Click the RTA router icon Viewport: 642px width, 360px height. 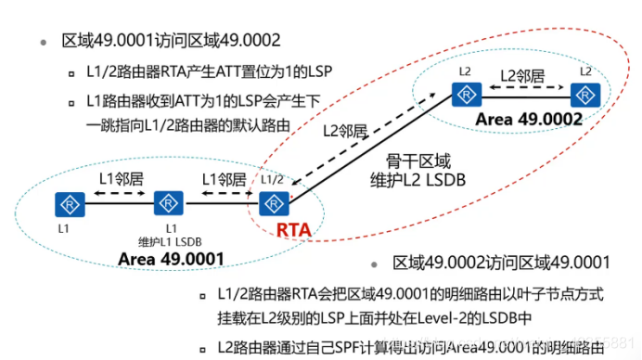pyautogui.click(x=271, y=202)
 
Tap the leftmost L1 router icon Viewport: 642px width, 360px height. pyautogui.click(x=64, y=202)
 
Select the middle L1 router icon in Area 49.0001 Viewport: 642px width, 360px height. pyautogui.click(x=168, y=202)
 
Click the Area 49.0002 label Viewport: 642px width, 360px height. pyautogui.click(x=529, y=120)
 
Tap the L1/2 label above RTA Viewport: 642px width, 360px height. pyautogui.click(x=271, y=178)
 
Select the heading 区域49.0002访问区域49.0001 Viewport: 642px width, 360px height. pyautogui.click(x=501, y=263)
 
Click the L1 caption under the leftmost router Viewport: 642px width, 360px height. pyautogui.click(x=64, y=227)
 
